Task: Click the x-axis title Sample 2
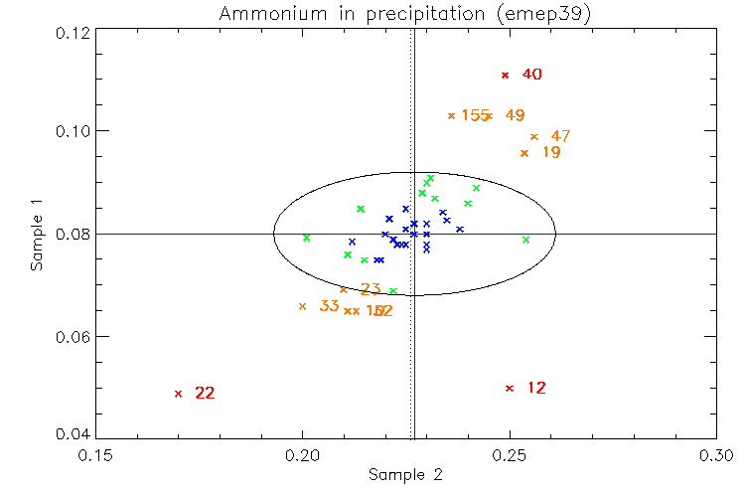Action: pyautogui.click(x=404, y=475)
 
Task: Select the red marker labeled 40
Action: pyautogui.click(x=505, y=76)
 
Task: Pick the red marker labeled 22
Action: pyautogui.click(x=178, y=394)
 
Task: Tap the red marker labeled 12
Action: pyautogui.click(x=510, y=389)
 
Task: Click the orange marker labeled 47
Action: pyautogui.click(x=534, y=137)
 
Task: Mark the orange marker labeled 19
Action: pyautogui.click(x=524, y=153)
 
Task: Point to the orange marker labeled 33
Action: pyautogui.click(x=302, y=306)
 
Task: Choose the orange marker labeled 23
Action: pyautogui.click(x=344, y=290)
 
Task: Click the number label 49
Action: pyautogui.click(x=515, y=115)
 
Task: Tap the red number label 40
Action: pyautogui.click(x=531, y=75)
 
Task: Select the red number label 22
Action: pyautogui.click(x=205, y=394)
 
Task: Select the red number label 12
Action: pyautogui.click(x=536, y=388)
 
